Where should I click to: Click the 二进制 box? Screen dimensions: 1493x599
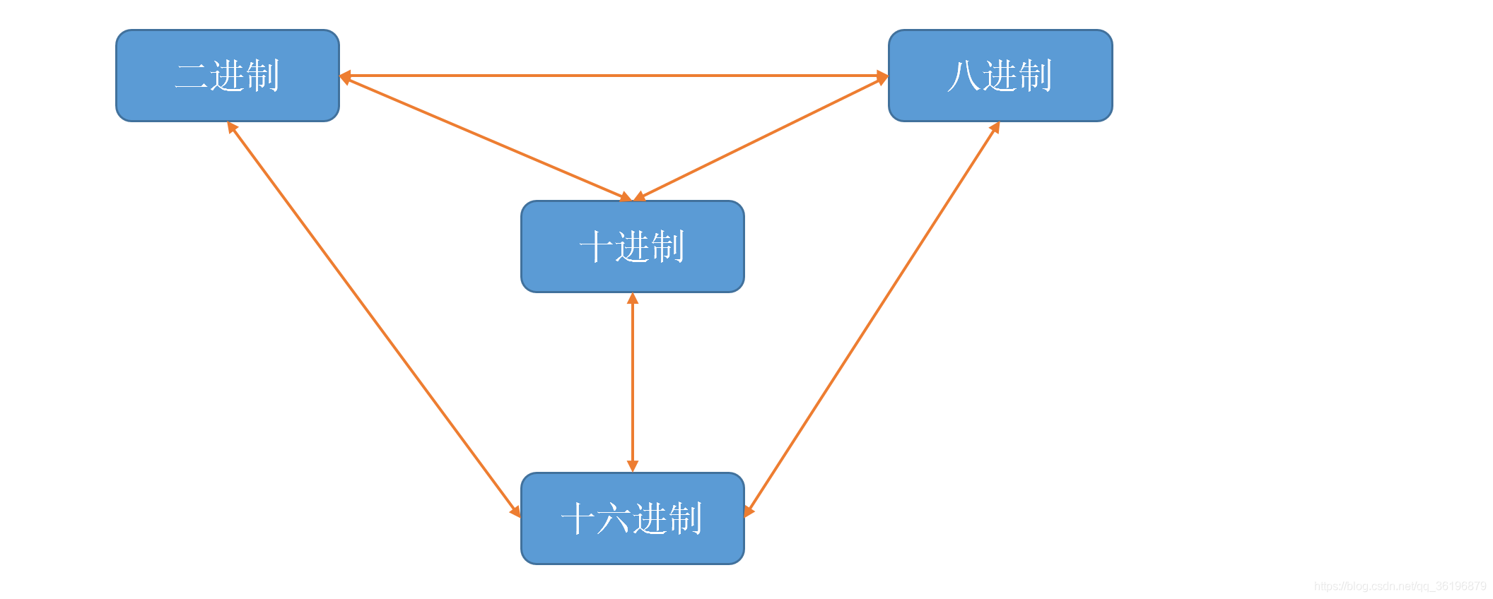point(228,76)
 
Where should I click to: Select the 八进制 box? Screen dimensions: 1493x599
point(1000,76)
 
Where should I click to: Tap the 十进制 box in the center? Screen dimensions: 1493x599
point(633,247)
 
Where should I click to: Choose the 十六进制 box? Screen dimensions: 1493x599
point(633,518)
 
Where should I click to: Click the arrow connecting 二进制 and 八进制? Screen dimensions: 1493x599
point(614,76)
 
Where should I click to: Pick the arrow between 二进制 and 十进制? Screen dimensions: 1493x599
point(486,139)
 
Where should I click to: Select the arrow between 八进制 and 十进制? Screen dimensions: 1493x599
point(761,139)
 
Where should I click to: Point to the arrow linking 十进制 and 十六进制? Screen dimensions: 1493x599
point(633,382)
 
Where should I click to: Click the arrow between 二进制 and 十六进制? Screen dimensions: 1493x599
point(374,319)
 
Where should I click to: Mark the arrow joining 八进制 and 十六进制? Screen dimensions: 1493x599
point(872,319)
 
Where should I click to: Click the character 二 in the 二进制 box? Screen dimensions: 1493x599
point(192,76)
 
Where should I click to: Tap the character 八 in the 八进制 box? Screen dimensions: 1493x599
point(964,76)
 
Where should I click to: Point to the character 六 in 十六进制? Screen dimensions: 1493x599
point(614,519)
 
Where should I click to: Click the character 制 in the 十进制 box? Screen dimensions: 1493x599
point(667,247)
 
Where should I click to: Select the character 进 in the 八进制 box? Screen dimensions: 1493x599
point(1000,76)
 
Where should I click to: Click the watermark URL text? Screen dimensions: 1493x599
point(1400,586)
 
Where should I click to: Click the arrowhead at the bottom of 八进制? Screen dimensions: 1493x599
point(995,127)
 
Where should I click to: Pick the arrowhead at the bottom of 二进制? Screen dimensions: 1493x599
point(232,127)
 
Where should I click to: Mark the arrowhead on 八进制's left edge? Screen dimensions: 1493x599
point(882,76)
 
